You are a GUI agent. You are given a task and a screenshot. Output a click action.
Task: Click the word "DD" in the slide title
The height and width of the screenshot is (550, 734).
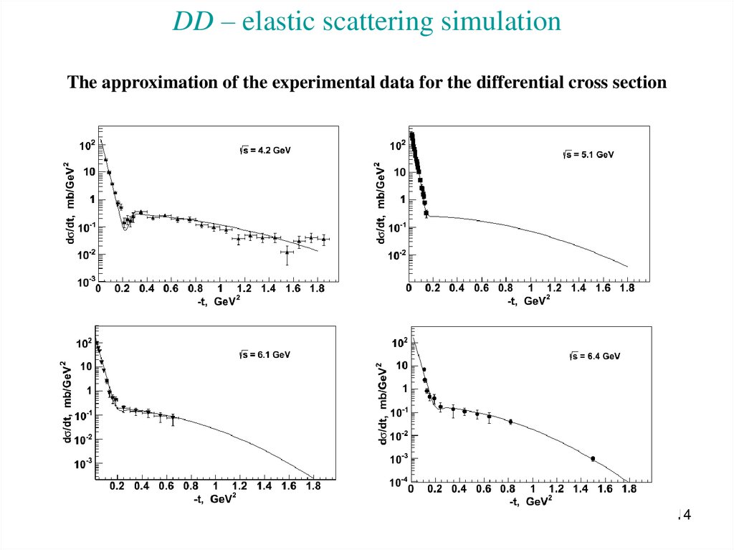coord(191,22)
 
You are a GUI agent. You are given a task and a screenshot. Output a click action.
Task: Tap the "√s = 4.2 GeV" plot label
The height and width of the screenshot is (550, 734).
coord(265,151)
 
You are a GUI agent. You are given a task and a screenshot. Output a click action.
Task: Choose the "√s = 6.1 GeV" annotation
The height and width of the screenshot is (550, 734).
coord(264,354)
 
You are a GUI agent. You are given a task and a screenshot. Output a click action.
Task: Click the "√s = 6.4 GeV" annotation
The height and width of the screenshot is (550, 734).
coord(594,356)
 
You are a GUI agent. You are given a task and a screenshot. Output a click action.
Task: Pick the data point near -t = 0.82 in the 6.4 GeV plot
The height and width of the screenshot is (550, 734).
coord(510,422)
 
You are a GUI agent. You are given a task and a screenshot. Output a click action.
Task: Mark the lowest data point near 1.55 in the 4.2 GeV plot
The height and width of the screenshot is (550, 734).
coord(287,252)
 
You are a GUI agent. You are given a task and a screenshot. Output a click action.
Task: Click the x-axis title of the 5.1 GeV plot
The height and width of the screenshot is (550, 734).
coord(529,302)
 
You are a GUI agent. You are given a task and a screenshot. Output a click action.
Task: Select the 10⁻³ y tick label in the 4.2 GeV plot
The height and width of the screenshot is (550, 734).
coord(85,284)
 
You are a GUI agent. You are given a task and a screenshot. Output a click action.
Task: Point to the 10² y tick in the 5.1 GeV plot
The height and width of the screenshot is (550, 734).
coord(396,146)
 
